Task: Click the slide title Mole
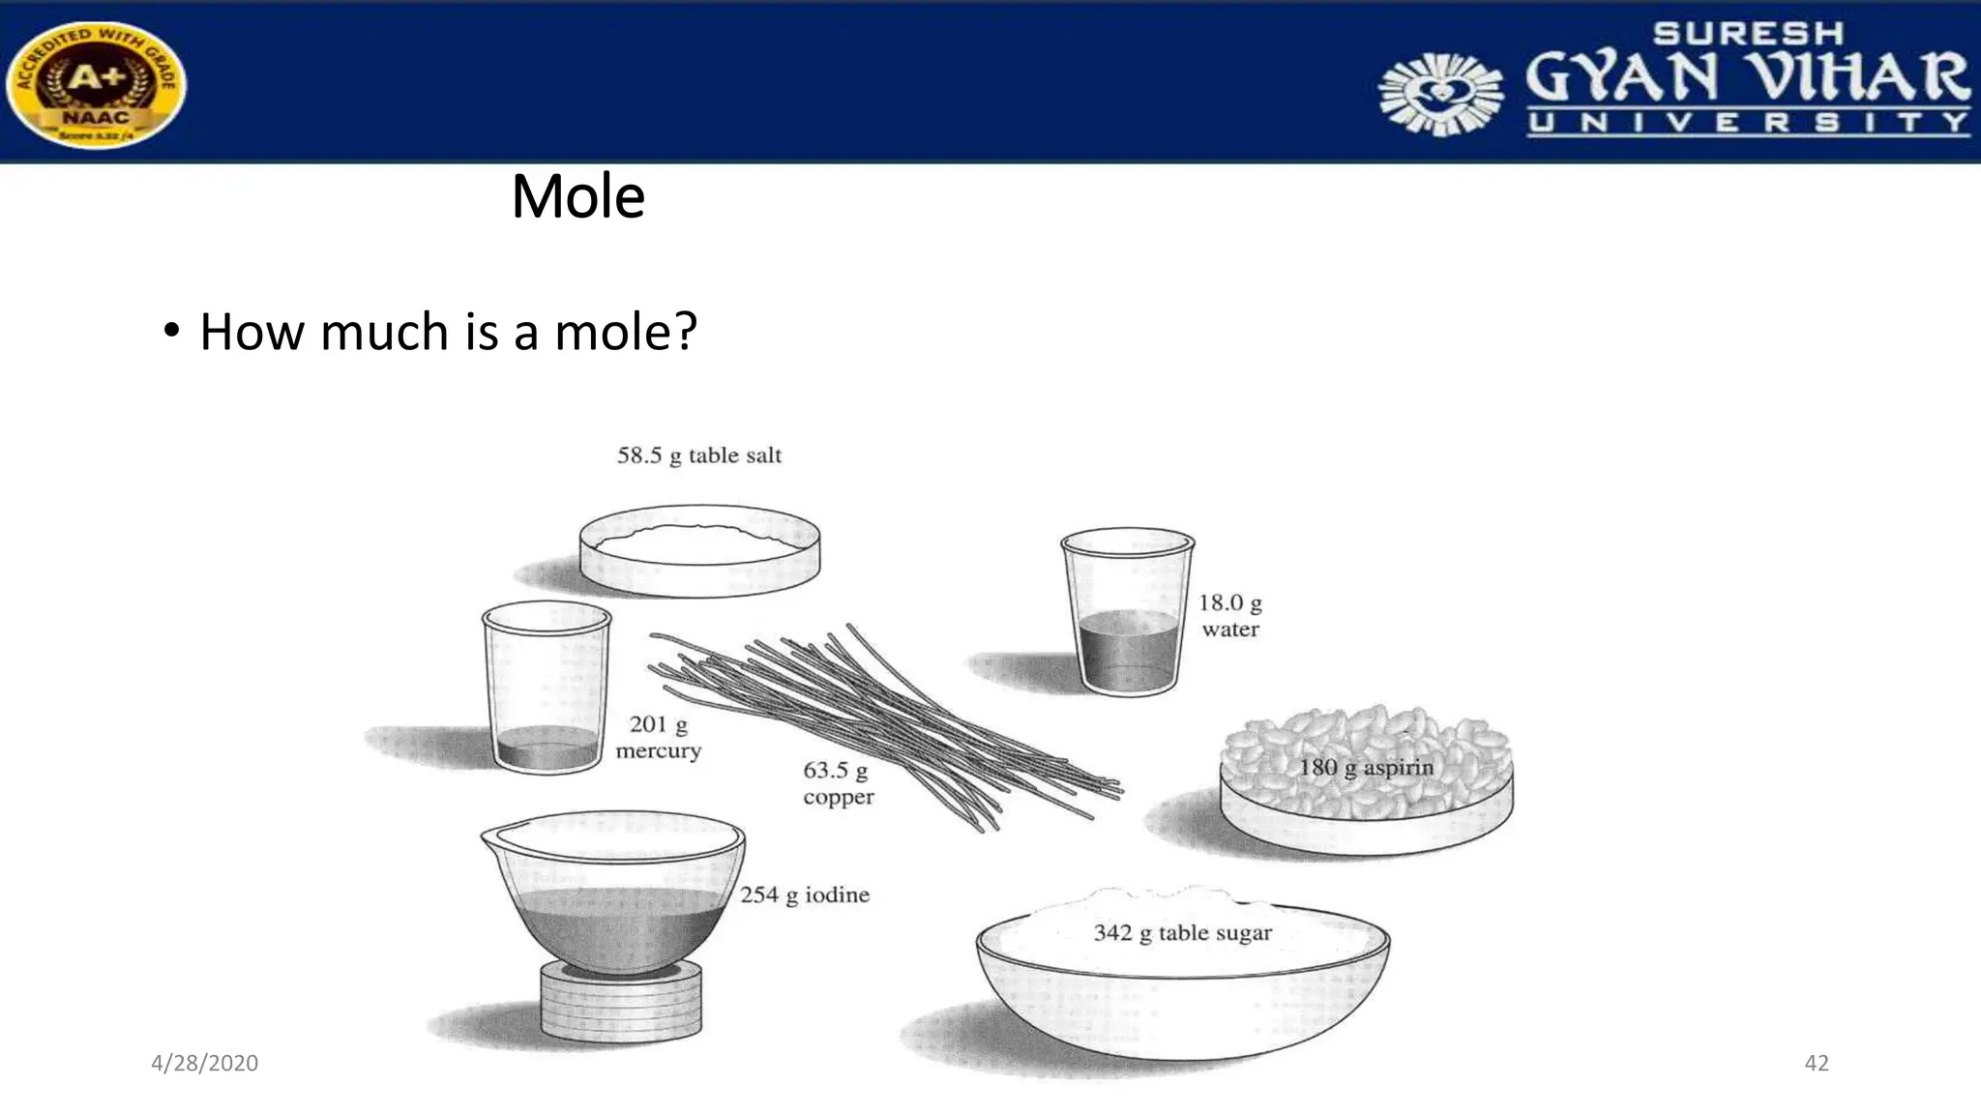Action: click(577, 196)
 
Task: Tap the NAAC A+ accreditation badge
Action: click(96, 84)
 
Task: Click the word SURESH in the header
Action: click(1748, 34)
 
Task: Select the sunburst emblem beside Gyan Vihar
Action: click(1440, 94)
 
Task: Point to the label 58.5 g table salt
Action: click(699, 455)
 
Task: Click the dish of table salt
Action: click(699, 551)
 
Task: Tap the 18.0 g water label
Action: click(1230, 616)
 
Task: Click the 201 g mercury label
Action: click(659, 737)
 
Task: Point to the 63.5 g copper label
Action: click(838, 783)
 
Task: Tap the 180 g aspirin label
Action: click(1366, 768)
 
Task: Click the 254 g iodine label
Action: click(805, 895)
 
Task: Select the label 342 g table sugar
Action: click(1182, 933)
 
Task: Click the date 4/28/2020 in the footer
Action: click(204, 1064)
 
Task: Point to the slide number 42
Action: click(1817, 1064)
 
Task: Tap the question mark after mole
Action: click(685, 332)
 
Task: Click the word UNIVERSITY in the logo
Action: click(1748, 123)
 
